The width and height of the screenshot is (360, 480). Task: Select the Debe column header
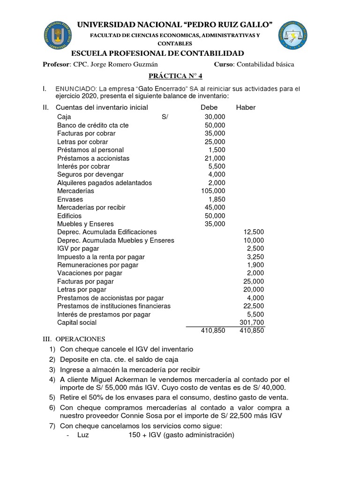tap(209, 107)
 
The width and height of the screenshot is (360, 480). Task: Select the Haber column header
tap(246, 107)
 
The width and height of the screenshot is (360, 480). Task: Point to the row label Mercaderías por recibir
tap(91, 207)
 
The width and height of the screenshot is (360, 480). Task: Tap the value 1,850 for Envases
tap(217, 199)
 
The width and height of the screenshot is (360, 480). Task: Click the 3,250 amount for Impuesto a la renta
tap(255, 256)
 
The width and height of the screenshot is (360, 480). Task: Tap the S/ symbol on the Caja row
tap(165, 117)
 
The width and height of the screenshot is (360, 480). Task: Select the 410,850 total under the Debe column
tap(213, 330)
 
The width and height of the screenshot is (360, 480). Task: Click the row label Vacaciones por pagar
tap(90, 273)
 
